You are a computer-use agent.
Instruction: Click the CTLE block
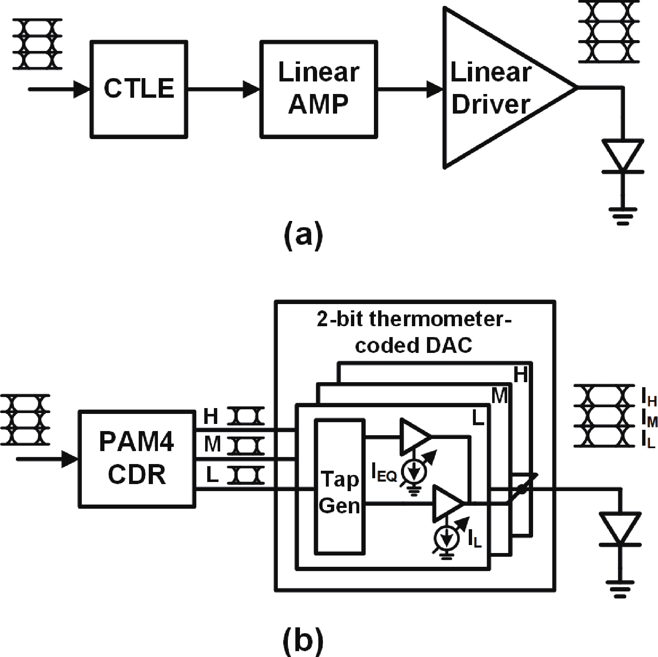point(139,89)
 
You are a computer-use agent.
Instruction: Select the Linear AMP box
point(319,89)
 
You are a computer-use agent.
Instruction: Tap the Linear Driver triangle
point(493,89)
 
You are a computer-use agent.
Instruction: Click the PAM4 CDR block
point(137,459)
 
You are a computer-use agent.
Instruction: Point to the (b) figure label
point(304,639)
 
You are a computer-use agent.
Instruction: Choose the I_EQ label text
point(384,473)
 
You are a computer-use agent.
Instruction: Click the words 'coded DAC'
point(413,345)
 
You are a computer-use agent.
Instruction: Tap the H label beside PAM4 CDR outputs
point(211,416)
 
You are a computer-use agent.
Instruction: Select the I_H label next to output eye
point(649,400)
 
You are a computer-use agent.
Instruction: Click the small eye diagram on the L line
point(248,475)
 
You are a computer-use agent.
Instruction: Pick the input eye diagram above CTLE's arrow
point(38,44)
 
